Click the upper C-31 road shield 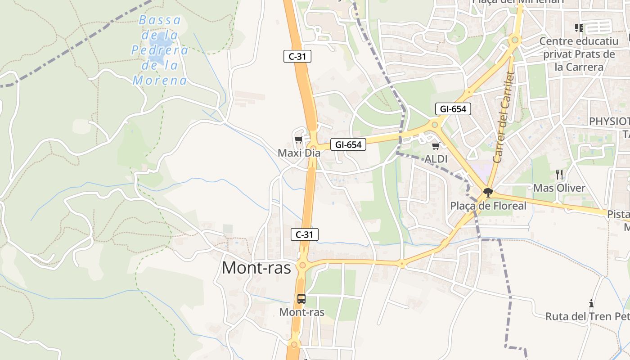(x=297, y=56)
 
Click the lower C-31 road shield (x=304, y=234)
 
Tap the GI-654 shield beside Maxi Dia (x=348, y=144)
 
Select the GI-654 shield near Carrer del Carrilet (x=453, y=109)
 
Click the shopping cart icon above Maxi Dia (x=298, y=140)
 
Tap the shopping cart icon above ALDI (x=436, y=146)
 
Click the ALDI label (x=436, y=159)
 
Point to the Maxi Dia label (x=299, y=153)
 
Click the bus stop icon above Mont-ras (x=301, y=298)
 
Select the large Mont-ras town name (x=256, y=268)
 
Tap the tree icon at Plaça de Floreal (x=488, y=193)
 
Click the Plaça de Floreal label (x=488, y=206)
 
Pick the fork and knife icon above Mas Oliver (x=559, y=175)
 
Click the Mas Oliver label (x=559, y=188)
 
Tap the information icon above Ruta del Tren (x=591, y=303)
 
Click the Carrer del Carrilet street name (x=504, y=117)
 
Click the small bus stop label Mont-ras (x=301, y=312)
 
